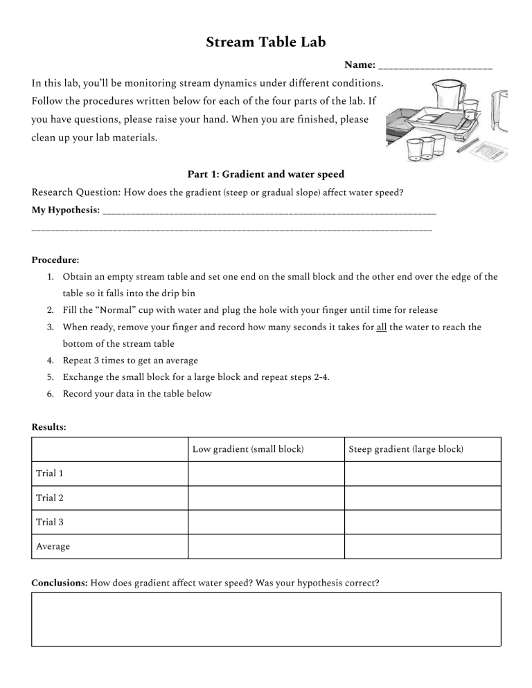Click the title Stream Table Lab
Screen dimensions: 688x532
(266, 43)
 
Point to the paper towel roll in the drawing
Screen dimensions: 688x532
(501, 111)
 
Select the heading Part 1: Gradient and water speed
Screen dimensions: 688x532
(266, 174)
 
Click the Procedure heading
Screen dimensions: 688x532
(55, 260)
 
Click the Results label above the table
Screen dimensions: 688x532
(49, 427)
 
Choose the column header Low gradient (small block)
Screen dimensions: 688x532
(248, 449)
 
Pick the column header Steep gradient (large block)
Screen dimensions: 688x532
(406, 449)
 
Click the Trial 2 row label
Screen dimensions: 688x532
(51, 498)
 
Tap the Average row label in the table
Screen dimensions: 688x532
(53, 546)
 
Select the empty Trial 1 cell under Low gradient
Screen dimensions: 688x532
(266, 473)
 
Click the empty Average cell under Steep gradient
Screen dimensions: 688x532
(423, 546)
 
